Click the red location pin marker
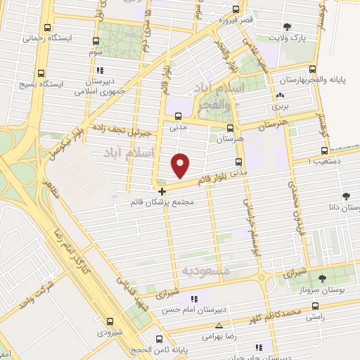click(181, 165)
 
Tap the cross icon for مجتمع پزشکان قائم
click(162, 191)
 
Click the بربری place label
click(281, 107)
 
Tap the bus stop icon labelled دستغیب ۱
click(324, 150)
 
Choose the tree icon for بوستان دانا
click(346, 196)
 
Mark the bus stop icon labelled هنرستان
click(231, 128)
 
